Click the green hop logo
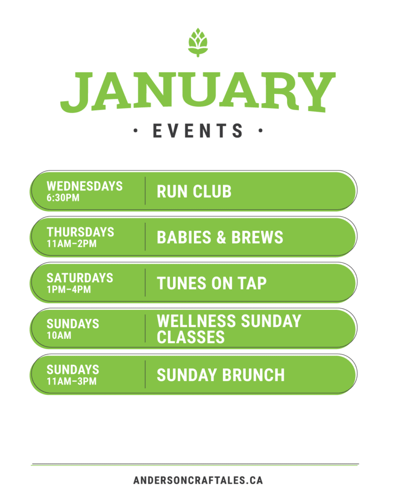point(198,43)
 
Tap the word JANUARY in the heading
point(198,92)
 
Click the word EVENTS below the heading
point(198,131)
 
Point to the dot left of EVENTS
point(135,131)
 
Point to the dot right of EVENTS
point(261,131)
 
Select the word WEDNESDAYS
point(85,186)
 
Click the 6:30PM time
point(63,198)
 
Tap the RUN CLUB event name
point(194,191)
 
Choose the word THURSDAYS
point(81,232)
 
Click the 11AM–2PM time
point(72,244)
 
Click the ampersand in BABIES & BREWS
point(221,237)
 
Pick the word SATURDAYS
point(80,278)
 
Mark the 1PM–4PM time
point(69,290)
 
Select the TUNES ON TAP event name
point(212,283)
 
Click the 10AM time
point(59,335)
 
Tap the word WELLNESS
point(196,321)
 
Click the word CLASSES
point(191,337)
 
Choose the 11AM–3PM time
point(72,381)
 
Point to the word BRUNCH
point(253,375)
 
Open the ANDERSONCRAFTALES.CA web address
point(198,480)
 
